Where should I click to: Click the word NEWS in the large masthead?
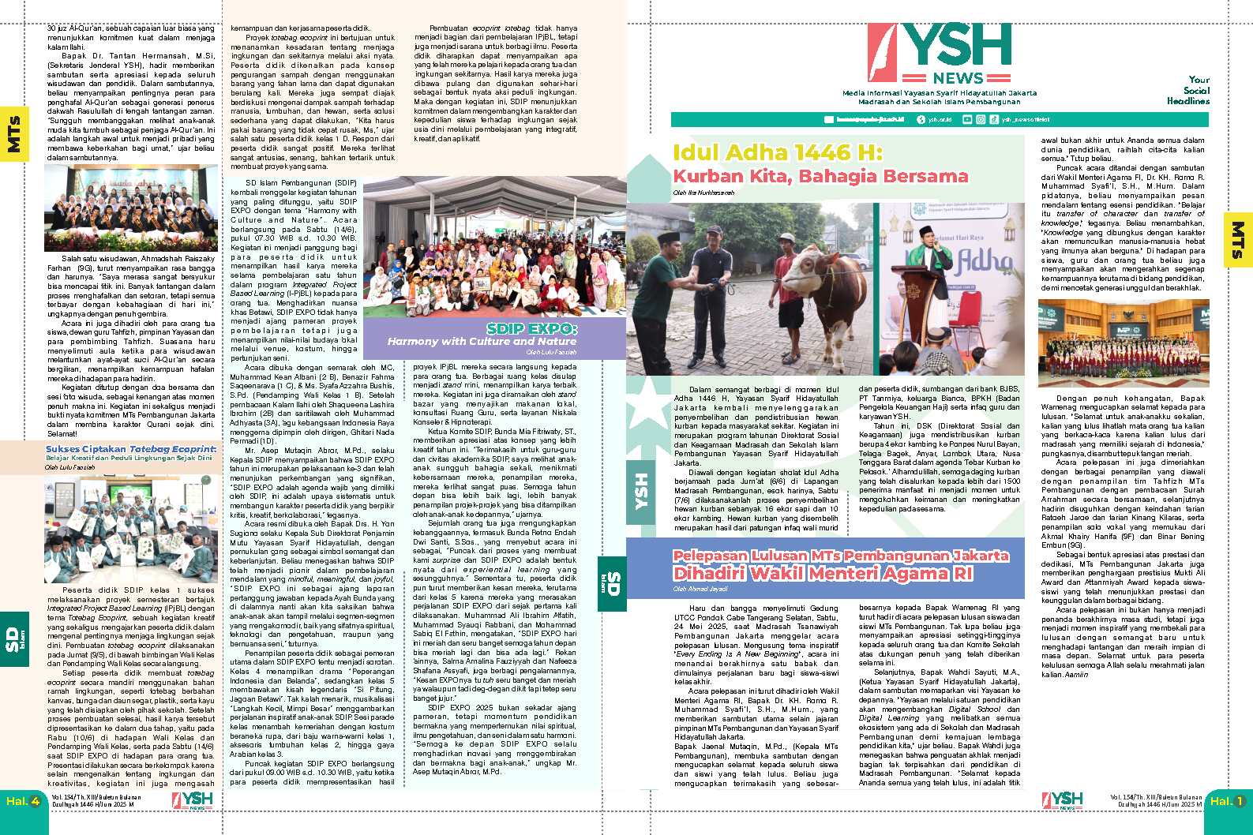(958, 78)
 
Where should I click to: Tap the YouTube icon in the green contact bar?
(967, 119)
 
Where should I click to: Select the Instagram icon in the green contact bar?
(981, 119)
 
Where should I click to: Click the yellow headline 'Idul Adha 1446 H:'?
(777, 152)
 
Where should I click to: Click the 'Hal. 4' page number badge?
(23, 801)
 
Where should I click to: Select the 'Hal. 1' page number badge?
(1227, 801)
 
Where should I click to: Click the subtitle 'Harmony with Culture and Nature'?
(482, 342)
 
